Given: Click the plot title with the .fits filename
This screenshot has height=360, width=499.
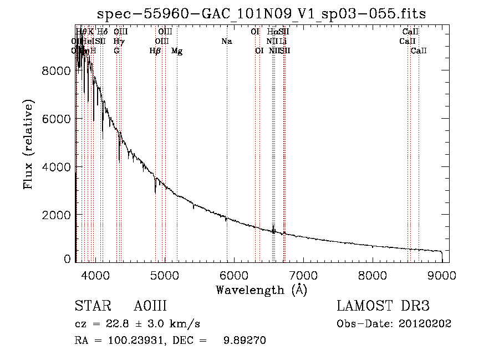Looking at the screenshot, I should [261, 14].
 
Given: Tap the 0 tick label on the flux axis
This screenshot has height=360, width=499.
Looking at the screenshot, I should [67, 259].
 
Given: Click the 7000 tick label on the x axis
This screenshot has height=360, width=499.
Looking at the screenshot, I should [303, 275].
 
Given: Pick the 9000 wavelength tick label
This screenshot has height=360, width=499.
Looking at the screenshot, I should [442, 275].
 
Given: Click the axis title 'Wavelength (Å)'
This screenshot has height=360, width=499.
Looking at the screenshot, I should [261, 290].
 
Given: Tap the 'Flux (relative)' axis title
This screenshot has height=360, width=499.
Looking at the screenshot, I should [28, 144].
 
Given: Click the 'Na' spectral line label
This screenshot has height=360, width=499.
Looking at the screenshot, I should [226, 42].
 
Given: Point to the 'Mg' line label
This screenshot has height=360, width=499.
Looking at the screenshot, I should [177, 51].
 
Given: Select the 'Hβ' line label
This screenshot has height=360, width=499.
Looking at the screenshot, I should [155, 51].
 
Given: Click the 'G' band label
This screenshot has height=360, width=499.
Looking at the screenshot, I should [116, 51].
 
